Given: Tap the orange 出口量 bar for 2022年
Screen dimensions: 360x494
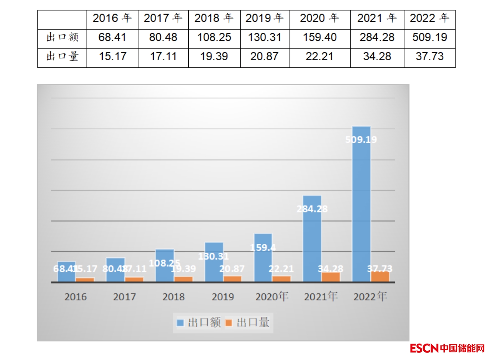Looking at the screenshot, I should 380,277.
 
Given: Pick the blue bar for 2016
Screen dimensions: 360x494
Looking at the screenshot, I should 66,272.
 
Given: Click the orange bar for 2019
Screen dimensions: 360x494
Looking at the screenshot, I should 233,279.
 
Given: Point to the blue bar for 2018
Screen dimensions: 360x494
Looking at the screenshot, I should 165,266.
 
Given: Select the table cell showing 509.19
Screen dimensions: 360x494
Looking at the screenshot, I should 429,37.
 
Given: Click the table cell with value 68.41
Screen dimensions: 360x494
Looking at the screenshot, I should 112,37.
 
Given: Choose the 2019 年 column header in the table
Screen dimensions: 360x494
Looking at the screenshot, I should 264,18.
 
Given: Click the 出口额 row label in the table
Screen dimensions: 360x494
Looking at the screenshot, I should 62,37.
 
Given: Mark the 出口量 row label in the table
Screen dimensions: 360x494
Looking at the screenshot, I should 62,56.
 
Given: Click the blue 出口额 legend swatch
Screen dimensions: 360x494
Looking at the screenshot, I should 180,323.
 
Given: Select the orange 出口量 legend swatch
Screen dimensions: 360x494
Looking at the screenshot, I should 229,323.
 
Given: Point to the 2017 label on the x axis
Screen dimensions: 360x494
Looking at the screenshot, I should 124,297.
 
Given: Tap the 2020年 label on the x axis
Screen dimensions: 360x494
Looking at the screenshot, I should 272,297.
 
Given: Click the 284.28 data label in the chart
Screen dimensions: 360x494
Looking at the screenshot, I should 312,209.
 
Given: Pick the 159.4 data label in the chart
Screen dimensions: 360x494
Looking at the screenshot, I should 263,247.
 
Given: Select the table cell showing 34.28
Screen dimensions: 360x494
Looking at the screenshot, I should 377,56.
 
